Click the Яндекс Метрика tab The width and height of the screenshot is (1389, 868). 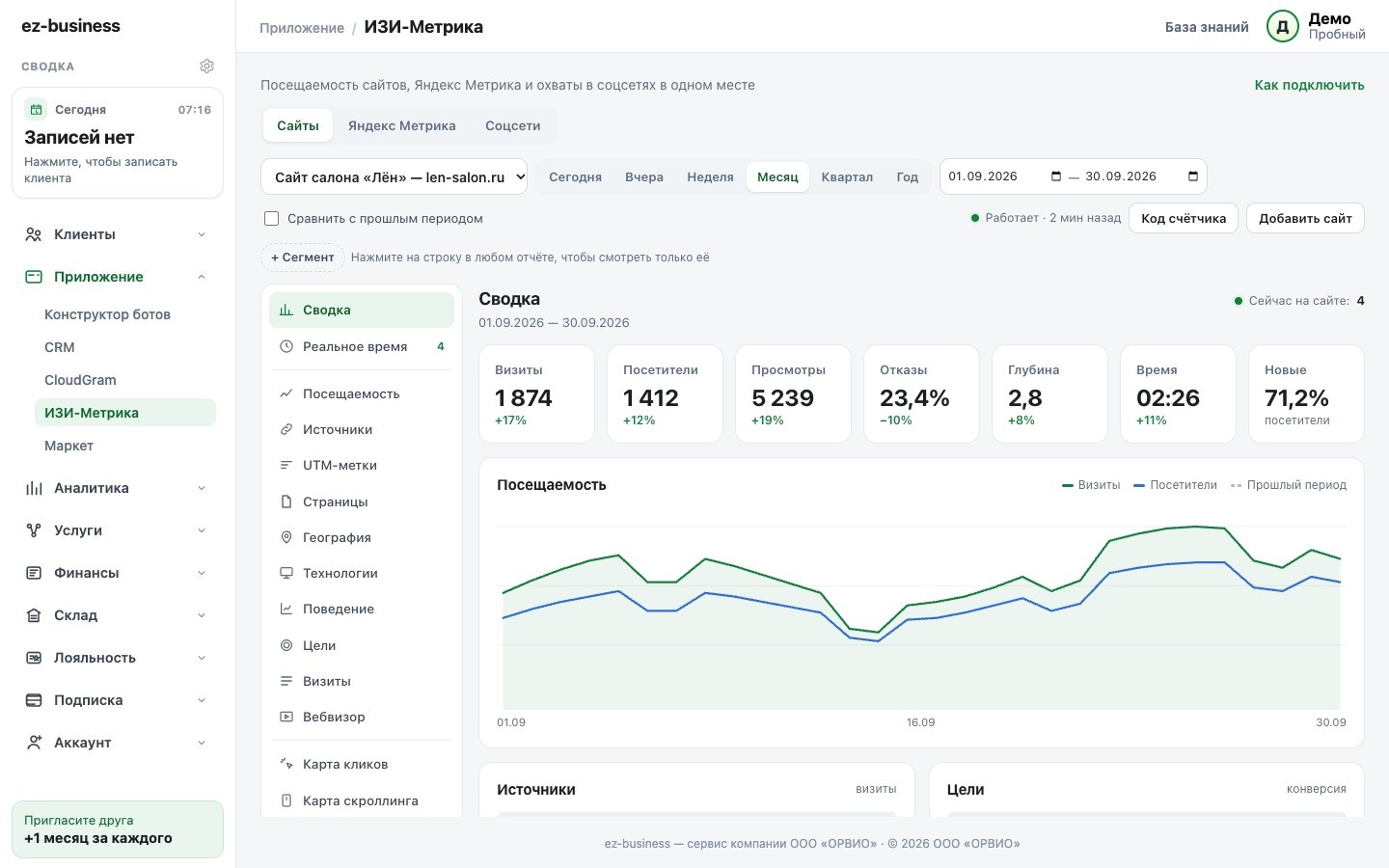pos(402,125)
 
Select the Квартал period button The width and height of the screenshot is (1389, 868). pos(847,177)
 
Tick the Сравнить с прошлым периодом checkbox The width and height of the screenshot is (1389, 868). pos(272,218)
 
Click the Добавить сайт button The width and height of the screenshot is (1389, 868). pos(1305,218)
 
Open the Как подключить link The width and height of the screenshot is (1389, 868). pos(1309,85)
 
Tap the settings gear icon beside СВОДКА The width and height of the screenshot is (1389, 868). pos(206,66)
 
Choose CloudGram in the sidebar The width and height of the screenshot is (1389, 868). pos(80,380)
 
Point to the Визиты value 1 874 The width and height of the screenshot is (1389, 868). pos(524,398)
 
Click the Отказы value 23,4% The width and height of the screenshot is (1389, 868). pos(914,398)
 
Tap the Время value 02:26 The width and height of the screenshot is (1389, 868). pos(1168,398)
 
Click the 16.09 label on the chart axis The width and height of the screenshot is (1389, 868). pos(920,722)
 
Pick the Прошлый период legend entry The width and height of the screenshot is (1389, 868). pos(1289,485)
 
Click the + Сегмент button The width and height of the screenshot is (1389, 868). pos(303,258)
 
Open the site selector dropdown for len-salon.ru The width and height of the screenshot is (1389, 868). pos(395,177)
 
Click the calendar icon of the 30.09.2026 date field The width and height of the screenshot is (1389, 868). pos(1193,176)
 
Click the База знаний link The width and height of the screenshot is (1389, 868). pos(1207,27)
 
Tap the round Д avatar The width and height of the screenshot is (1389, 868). pos(1282,27)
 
